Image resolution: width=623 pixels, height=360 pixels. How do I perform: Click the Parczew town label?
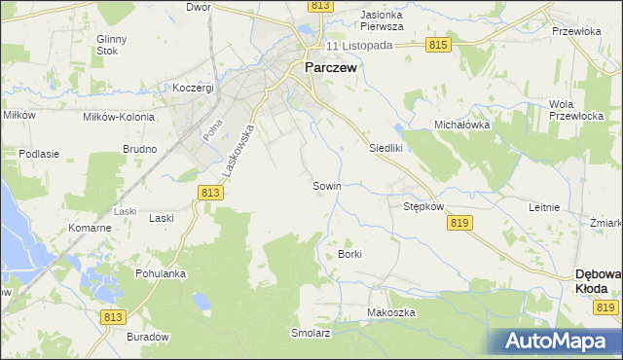[x=331, y=68]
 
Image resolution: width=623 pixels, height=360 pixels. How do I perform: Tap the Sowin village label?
[x=326, y=185]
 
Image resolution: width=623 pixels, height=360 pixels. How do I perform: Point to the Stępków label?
[x=423, y=206]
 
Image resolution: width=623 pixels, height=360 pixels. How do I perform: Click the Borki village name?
[x=350, y=254]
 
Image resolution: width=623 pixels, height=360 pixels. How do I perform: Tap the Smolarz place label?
[x=311, y=332]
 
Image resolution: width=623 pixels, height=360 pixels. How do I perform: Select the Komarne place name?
[x=90, y=228]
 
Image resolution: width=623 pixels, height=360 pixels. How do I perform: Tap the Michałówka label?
[x=461, y=126]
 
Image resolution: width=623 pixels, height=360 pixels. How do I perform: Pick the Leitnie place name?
[x=543, y=207]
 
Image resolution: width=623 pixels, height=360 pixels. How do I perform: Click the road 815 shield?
[x=437, y=46]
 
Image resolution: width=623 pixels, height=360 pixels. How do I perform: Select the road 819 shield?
[x=461, y=223]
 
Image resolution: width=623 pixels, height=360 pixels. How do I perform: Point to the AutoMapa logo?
[x=556, y=341]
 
